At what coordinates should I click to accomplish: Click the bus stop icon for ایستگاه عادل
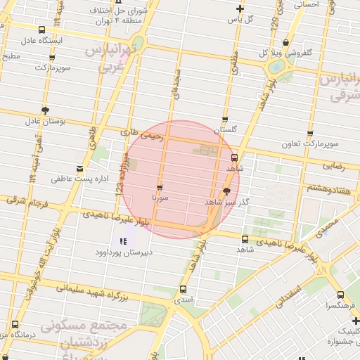click(43, 30)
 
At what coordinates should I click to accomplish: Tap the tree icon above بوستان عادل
click(46, 110)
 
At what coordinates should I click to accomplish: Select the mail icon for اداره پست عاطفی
click(79, 168)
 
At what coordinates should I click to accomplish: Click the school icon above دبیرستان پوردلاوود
click(124, 241)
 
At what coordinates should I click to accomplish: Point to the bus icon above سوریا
click(160, 187)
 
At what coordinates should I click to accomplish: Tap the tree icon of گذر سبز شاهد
click(226, 191)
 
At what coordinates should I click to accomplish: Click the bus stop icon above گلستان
click(225, 120)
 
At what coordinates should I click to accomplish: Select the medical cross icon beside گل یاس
click(240, 9)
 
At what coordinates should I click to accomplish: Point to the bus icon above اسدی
click(184, 289)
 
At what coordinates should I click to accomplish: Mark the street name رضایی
click(333, 167)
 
